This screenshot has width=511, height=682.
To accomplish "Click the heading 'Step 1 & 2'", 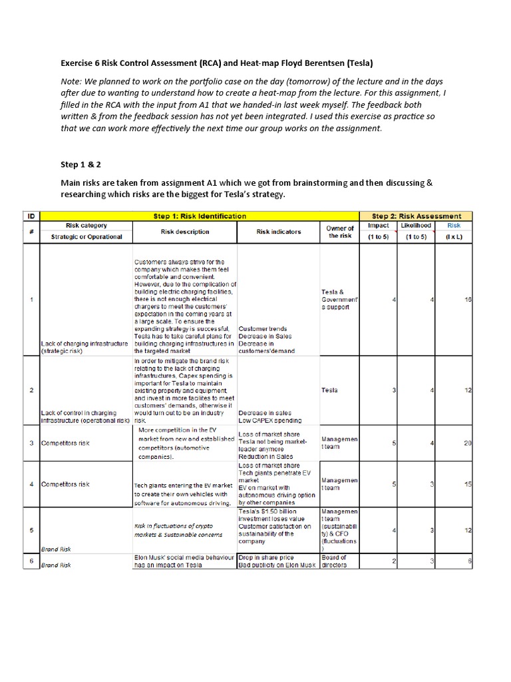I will pyautogui.click(x=81, y=164).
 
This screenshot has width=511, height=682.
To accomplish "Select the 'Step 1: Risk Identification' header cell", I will pyautogui.click(x=199, y=216).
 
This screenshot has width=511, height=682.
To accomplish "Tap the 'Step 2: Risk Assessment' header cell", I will pyautogui.click(x=416, y=216).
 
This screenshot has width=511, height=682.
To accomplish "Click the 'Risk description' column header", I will pyautogui.click(x=184, y=232).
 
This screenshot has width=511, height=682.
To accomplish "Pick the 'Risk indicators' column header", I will pyautogui.click(x=278, y=232).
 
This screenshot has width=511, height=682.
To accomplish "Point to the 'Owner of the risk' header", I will pyautogui.click(x=340, y=232).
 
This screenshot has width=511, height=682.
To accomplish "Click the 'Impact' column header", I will pyautogui.click(x=378, y=225).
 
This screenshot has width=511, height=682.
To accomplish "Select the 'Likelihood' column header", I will pyautogui.click(x=416, y=225).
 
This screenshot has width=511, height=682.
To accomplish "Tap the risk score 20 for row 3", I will pyautogui.click(x=467, y=443).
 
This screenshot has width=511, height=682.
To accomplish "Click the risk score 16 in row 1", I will pyautogui.click(x=468, y=300).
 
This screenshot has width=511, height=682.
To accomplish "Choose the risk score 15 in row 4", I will pyautogui.click(x=467, y=484).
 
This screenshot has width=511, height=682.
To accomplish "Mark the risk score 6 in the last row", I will pyautogui.click(x=469, y=561).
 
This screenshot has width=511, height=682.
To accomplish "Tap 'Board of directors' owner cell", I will pyautogui.click(x=334, y=561).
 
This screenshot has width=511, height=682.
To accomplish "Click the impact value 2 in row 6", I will pyautogui.click(x=394, y=561).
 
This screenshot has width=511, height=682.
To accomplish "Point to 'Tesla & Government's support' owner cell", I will pyautogui.click(x=340, y=300).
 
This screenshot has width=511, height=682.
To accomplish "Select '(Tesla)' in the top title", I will pyautogui.click(x=356, y=63).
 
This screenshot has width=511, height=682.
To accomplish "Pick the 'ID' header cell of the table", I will pyautogui.click(x=31, y=216).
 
